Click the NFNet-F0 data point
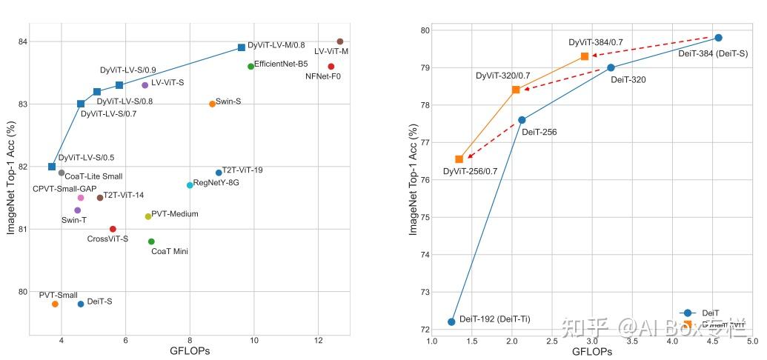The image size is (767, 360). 331,67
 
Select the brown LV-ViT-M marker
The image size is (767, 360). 339,41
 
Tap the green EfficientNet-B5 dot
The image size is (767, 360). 250,67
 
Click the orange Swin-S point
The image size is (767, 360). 212,104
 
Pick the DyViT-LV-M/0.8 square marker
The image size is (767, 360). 242,47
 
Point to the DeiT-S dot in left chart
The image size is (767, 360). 81,304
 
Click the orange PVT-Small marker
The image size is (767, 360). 55,304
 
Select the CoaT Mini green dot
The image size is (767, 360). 151,241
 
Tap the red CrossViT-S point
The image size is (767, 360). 113,229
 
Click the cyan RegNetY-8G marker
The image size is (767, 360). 190,185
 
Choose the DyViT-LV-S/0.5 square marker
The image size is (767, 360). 52,167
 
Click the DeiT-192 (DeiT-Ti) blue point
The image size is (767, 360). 451,321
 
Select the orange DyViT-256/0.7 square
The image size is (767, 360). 459,159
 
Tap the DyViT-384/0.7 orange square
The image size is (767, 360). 585,56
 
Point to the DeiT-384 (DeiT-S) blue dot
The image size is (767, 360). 718,38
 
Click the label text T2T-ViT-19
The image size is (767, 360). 242,170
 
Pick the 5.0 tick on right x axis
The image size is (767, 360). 751,341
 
